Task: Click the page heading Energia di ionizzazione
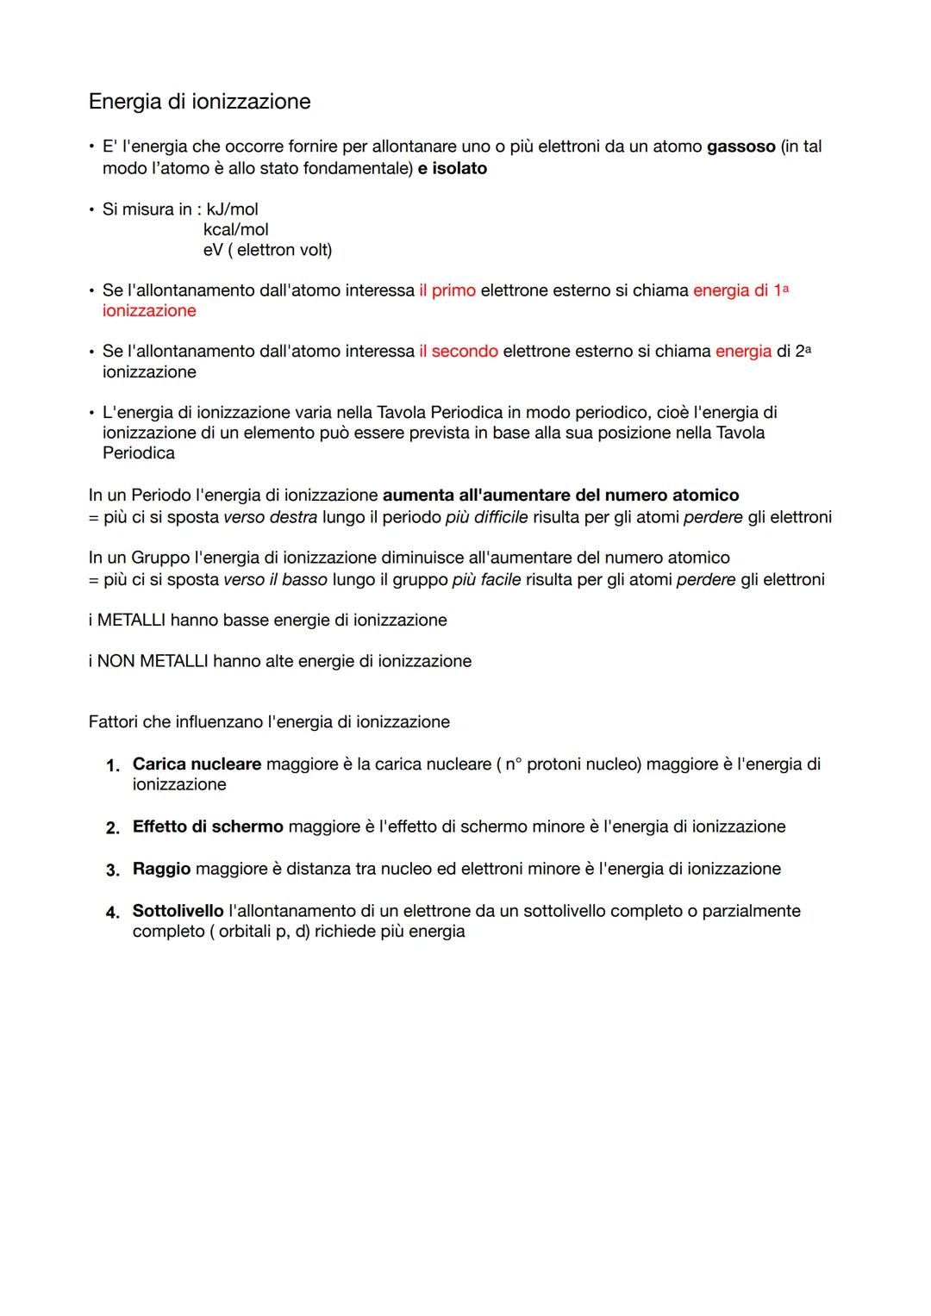coord(199,102)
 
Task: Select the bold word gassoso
coord(740,147)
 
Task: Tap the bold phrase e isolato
coord(453,168)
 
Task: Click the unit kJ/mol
coord(232,209)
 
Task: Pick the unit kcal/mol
coord(235,229)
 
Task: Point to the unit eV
coord(213,250)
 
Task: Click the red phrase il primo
coord(447,290)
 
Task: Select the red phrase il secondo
coord(459,352)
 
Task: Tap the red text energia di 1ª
coord(740,290)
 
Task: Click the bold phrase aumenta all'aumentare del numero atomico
coord(560,496)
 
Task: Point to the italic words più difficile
coord(486,517)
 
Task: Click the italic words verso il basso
coord(275,580)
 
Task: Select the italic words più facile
coord(486,580)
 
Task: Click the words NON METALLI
coord(153,662)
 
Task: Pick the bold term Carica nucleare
coord(197,764)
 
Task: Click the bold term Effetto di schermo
coord(208,827)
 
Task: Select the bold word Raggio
coord(161,869)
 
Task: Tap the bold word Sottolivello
coord(178,911)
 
